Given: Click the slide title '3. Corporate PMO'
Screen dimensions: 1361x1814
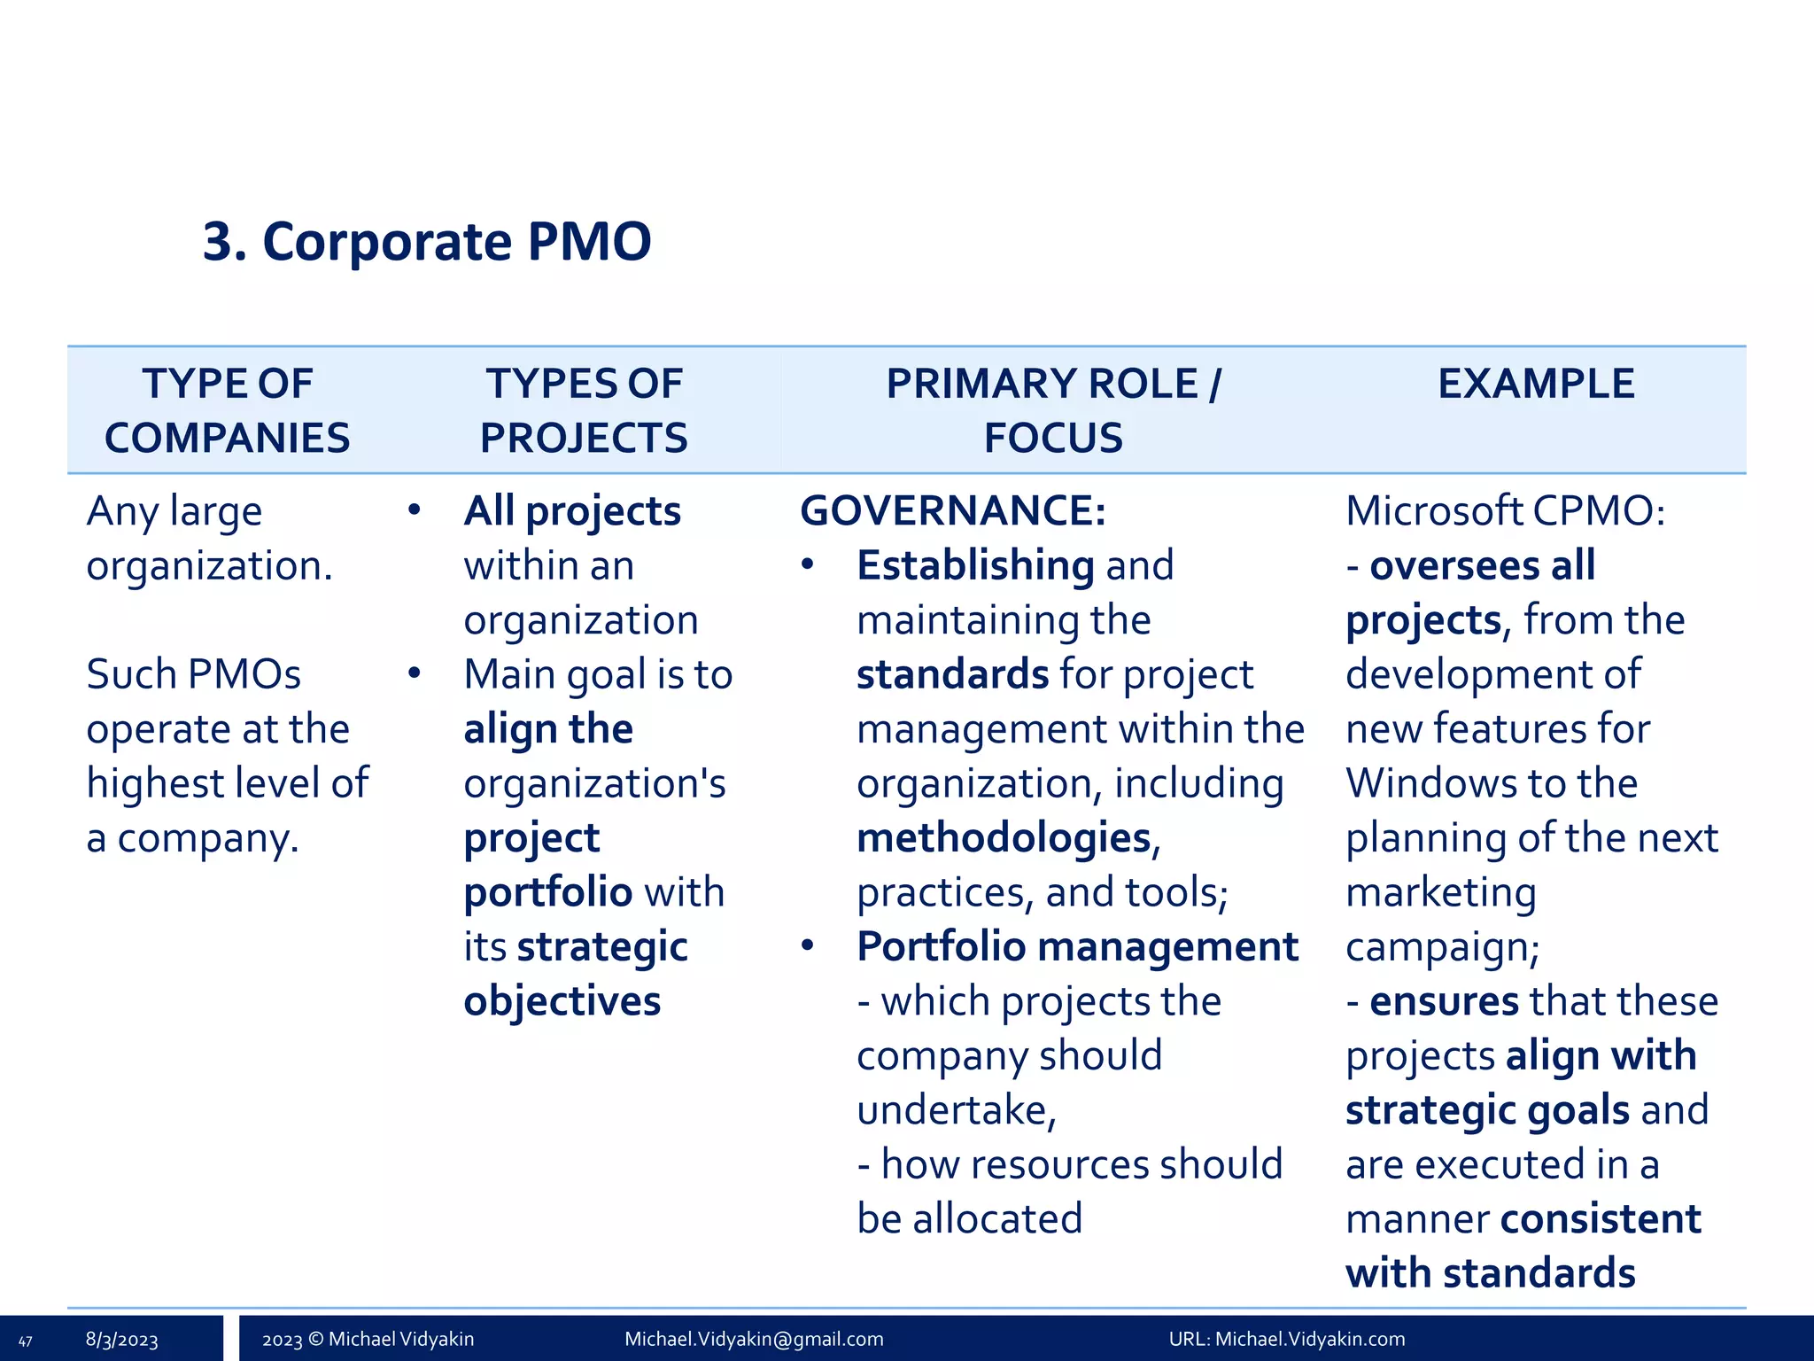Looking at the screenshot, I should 426,241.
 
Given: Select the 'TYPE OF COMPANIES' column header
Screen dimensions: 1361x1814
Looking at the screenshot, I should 227,410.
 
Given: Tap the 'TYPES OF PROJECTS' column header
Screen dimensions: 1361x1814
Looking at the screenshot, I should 584,410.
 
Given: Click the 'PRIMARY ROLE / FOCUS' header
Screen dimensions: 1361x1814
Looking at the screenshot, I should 1053,410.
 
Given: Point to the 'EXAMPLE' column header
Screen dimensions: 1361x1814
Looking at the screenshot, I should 1535,384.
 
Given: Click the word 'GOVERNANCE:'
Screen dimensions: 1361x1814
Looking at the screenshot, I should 952,511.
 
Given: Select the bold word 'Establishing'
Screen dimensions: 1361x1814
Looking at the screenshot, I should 975,565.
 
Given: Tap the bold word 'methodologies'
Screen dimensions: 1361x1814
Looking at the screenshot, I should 1004,838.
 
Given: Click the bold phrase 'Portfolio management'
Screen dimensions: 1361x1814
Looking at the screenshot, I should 1077,947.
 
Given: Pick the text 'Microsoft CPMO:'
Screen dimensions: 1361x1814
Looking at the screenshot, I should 1505,511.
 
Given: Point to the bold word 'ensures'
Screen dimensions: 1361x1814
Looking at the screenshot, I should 1444,1002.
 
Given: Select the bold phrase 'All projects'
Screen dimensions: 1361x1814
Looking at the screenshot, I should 572,511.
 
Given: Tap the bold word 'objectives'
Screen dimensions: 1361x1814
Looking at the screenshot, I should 562,1002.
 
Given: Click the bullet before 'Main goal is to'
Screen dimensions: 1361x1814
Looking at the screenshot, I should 414,673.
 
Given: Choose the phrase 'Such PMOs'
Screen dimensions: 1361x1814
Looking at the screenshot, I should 193,674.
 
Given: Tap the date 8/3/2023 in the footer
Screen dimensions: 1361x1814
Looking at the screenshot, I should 121,1340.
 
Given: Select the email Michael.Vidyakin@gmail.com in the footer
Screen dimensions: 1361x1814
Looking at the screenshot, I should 754,1339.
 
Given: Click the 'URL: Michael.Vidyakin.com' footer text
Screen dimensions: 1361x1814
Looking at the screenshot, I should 1286,1339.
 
